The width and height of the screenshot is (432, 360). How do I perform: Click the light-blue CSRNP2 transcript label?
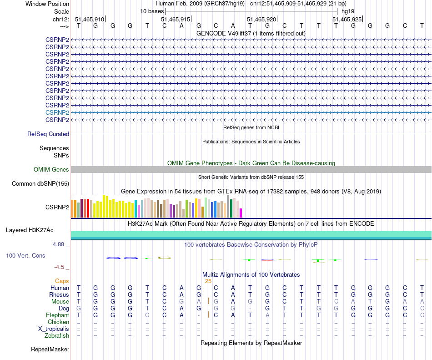point(57,112)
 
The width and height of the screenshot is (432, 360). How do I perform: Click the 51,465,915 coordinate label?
point(176,20)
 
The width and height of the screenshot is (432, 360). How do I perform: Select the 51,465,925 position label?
point(347,20)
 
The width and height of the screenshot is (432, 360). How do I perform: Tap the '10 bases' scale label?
point(152,11)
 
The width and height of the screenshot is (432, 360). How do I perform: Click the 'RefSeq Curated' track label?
point(48,134)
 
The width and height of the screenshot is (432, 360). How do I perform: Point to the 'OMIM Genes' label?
point(51,170)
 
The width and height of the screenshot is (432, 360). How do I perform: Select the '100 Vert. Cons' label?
point(25,256)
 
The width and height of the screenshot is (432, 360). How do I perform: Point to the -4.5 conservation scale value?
point(61,267)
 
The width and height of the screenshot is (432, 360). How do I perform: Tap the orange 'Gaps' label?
point(62,281)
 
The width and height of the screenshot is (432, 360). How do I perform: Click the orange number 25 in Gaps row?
point(208,281)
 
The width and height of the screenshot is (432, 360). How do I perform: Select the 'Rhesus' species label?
point(59,294)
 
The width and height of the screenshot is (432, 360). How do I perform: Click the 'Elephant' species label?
point(57,315)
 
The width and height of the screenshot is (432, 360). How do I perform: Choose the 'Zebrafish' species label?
point(57,336)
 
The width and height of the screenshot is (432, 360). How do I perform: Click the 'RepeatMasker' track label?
point(50,350)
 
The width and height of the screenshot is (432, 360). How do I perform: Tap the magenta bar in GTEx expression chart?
point(241,213)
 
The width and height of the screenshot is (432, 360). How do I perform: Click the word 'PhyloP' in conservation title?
point(308,245)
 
